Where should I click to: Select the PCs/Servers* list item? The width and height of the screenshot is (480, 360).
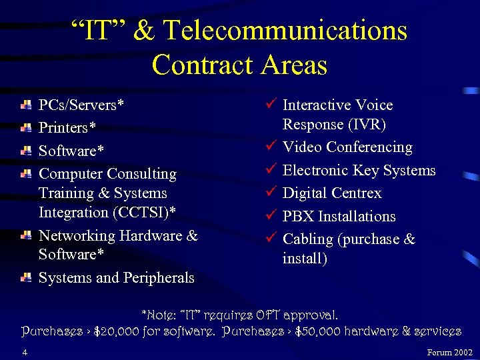click(x=81, y=105)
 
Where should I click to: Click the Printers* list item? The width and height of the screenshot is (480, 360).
click(x=67, y=127)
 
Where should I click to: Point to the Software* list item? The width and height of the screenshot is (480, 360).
click(x=71, y=151)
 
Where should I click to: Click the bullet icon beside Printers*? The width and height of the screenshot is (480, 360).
click(x=26, y=127)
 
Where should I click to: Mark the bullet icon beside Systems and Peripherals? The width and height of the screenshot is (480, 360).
click(x=26, y=277)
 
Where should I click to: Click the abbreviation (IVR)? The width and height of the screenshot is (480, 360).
click(x=364, y=124)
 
